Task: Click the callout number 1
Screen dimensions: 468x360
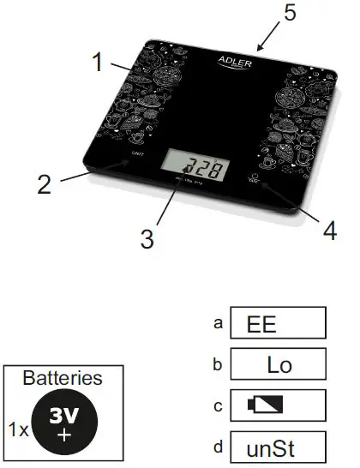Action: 99,62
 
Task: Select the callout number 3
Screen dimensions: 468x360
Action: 148,238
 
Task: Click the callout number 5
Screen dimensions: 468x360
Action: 291,14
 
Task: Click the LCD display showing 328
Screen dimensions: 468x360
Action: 199,166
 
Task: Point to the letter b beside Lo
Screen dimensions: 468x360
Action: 219,364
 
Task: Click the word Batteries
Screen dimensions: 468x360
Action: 63,377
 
